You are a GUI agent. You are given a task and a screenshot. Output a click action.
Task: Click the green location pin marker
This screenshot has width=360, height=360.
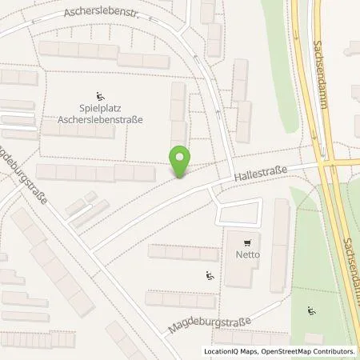pos(181,161)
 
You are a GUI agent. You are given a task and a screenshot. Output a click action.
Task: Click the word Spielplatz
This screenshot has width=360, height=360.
pos(100,109)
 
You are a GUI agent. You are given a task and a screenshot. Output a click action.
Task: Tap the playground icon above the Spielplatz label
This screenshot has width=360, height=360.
pos(100,95)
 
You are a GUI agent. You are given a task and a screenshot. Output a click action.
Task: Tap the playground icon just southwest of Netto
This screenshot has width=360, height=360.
pos(210,277)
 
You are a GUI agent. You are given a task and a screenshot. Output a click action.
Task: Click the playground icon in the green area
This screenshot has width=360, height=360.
pos(311,310)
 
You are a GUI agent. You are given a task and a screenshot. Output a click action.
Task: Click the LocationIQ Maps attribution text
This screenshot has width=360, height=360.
pos(227,351)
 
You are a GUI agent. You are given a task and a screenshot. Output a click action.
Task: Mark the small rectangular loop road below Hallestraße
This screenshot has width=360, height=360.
pos(239,212)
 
